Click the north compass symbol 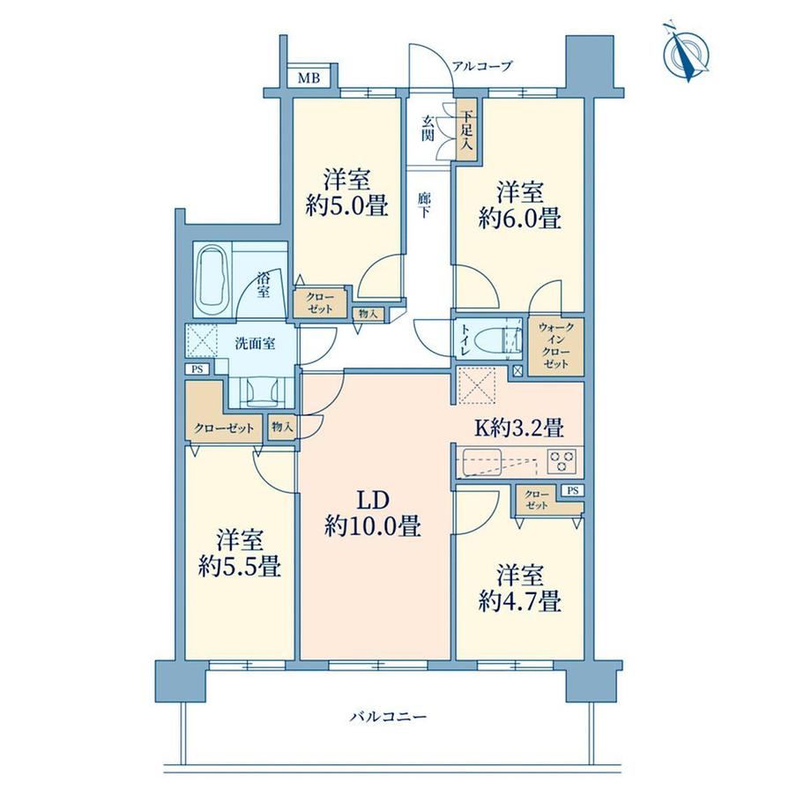(x=687, y=51)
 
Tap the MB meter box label (x=309, y=78)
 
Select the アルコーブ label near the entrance (x=482, y=66)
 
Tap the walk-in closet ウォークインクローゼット (x=556, y=346)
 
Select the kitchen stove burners (x=562, y=461)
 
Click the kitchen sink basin (x=481, y=461)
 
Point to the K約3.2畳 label (x=519, y=428)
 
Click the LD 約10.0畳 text (x=372, y=514)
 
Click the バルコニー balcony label (x=389, y=717)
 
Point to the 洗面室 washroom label (x=255, y=344)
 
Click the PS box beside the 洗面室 (x=197, y=369)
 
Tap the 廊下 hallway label (x=424, y=205)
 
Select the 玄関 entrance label (x=428, y=129)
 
